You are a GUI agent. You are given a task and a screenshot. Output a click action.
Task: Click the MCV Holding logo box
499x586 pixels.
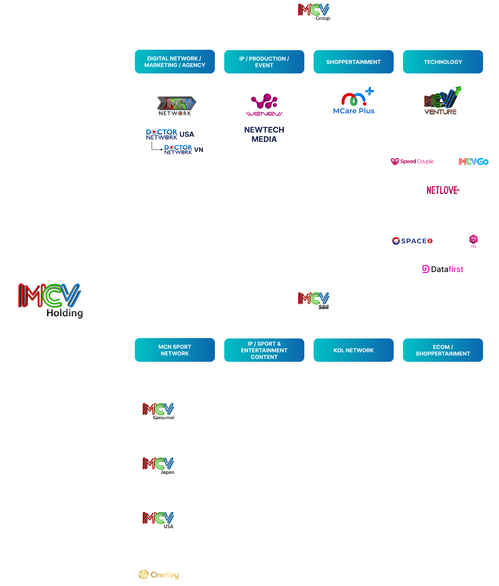pos(50,300)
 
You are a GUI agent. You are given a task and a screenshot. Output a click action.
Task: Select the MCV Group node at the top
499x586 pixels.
pos(314,12)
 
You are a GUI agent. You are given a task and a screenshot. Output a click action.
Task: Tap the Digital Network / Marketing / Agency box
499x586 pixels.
pos(175,62)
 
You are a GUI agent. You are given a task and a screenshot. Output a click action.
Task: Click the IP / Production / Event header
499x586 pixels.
pos(264,62)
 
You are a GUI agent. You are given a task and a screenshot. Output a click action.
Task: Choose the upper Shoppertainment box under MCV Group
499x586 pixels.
pos(354,62)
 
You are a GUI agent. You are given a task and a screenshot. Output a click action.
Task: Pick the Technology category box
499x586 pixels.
pos(443,62)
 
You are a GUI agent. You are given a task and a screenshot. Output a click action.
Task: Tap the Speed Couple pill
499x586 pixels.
pos(412,162)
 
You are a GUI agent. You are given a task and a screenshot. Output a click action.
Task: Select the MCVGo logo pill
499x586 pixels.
pos(473,162)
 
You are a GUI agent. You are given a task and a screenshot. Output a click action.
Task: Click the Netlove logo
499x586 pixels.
pos(443,190)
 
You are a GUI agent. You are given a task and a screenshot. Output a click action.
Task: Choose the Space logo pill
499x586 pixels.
pos(412,241)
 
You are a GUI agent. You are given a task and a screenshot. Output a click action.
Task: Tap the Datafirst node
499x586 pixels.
pos(443,269)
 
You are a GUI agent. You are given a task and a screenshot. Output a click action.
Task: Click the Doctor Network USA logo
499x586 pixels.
pos(170,134)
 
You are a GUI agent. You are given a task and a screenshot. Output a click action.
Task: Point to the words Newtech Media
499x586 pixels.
pos(264,134)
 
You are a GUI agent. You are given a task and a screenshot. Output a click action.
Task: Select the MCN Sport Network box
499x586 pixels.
pos(175,350)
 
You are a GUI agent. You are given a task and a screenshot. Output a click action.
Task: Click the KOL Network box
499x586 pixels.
pos(354,350)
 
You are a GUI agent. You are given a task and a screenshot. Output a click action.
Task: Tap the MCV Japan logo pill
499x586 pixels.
pos(159,466)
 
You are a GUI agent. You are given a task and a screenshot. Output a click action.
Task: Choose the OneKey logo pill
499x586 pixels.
pos(159,574)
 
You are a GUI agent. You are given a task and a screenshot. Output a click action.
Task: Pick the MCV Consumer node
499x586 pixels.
pos(159,411)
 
